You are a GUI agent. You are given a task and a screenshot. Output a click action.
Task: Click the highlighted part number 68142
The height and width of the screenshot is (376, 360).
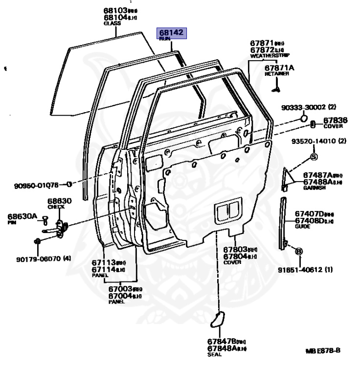(x=170, y=33)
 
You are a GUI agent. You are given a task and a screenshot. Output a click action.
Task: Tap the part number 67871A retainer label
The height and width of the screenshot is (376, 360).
(x=279, y=68)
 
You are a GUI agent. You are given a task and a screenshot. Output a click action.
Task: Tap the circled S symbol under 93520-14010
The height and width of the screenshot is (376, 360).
(x=314, y=157)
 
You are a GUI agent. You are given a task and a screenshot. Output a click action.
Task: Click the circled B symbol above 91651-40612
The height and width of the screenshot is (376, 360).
(x=299, y=251)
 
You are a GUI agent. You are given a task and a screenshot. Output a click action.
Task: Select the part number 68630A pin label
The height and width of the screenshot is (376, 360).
(x=22, y=216)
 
